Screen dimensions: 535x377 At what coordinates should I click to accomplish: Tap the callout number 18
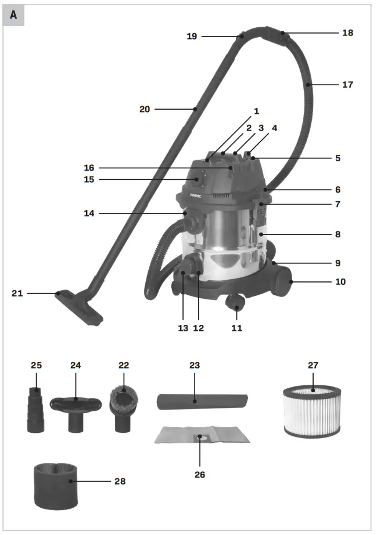pyautogui.click(x=347, y=33)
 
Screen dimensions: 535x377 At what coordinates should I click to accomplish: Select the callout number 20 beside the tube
pyautogui.click(x=145, y=109)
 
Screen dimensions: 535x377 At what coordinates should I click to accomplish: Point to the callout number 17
pyautogui.click(x=347, y=85)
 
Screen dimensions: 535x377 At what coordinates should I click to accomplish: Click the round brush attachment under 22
pyautogui.click(x=123, y=409)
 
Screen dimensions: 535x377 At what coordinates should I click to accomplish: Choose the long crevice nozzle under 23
pyautogui.click(x=203, y=402)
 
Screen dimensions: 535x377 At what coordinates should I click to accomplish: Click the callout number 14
pyautogui.click(x=88, y=214)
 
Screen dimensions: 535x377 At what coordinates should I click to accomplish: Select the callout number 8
pyautogui.click(x=337, y=234)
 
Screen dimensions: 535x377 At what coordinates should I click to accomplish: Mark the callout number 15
pyautogui.click(x=88, y=179)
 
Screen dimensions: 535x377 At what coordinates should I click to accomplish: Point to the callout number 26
pyautogui.click(x=199, y=474)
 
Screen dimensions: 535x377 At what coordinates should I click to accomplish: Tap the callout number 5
pyautogui.click(x=337, y=158)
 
